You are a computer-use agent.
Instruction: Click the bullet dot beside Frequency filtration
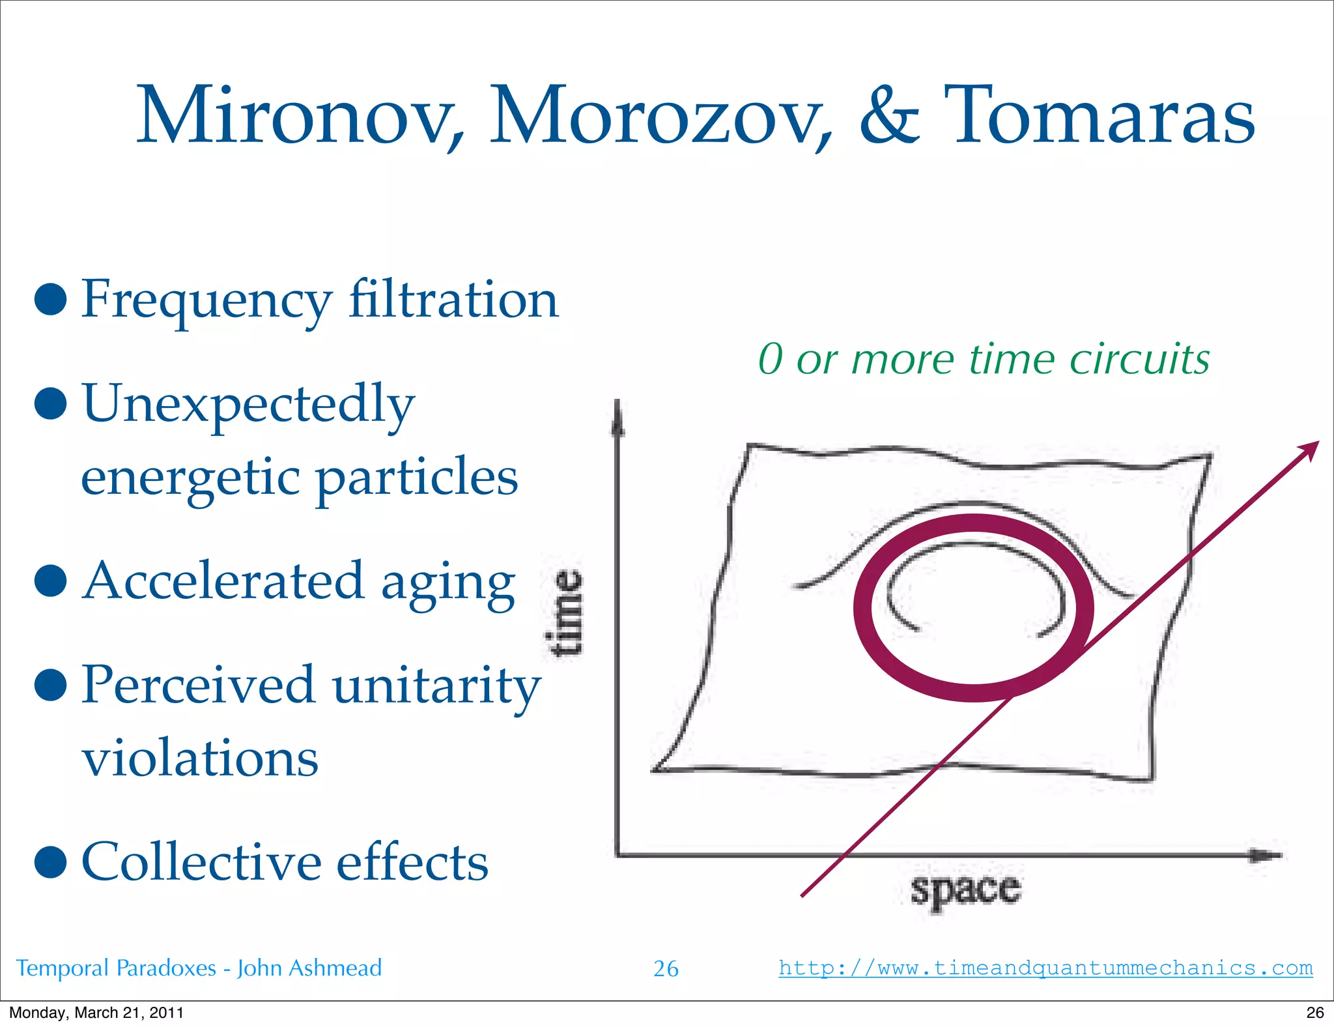tap(51, 300)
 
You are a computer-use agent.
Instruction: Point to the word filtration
tap(453, 300)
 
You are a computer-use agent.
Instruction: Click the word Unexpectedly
tap(248, 404)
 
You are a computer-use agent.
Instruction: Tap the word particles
tap(417, 478)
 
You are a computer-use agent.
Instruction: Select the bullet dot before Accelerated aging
tap(51, 581)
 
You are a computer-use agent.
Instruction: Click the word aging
tap(448, 583)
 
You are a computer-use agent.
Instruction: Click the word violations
tap(200, 759)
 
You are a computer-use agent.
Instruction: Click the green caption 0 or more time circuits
tap(984, 359)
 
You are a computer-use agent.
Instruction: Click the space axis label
tap(965, 890)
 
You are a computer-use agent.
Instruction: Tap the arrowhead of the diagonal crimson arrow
tap(1309, 449)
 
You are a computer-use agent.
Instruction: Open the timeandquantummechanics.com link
tap(1045, 968)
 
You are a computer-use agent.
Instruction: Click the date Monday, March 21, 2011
tap(96, 1013)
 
